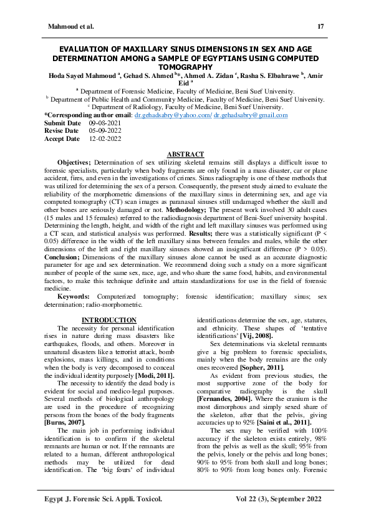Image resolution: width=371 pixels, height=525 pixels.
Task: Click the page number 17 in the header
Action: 320,26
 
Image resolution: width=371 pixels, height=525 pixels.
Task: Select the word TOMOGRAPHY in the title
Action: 185,67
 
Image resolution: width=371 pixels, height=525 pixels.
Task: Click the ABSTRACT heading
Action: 185,154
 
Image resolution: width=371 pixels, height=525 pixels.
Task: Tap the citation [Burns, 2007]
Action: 65,424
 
